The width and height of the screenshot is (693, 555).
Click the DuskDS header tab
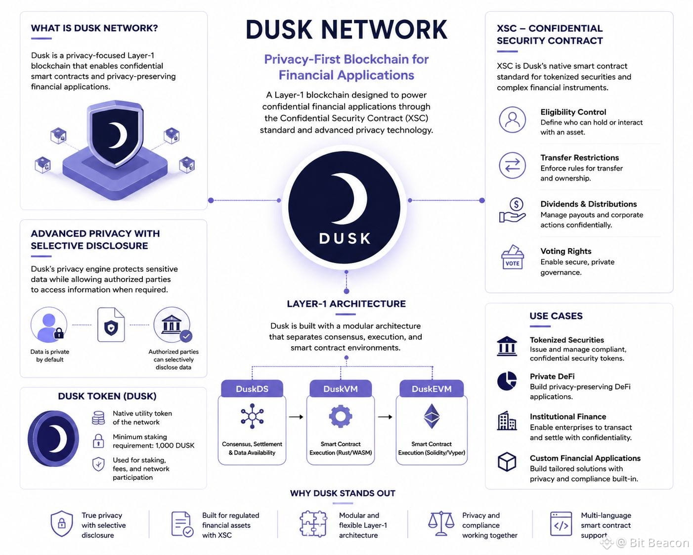(252, 388)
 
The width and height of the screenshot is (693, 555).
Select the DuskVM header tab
(341, 388)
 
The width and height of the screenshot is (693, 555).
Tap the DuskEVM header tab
(432, 388)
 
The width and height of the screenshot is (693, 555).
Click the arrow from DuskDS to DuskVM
(296, 416)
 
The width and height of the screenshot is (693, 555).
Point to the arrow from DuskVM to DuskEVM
(385, 416)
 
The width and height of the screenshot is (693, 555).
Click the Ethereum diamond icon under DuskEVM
(432, 416)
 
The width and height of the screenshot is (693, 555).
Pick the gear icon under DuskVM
(341, 416)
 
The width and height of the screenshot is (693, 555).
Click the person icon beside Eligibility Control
(513, 120)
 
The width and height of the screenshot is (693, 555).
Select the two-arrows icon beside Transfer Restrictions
(513, 165)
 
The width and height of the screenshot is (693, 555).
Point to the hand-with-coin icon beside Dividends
(513, 210)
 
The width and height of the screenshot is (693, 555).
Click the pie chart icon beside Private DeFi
(507, 381)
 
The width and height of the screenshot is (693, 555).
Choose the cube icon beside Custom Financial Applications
(507, 462)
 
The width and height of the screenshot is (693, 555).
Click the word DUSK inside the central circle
(345, 238)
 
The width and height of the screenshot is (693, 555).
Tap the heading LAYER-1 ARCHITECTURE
(346, 304)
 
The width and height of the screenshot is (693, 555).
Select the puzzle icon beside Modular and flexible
(313, 523)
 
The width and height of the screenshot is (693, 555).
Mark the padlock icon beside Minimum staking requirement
(98, 441)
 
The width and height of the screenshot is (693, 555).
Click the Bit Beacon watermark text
(659, 543)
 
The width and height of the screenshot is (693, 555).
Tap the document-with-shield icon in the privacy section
(111, 324)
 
